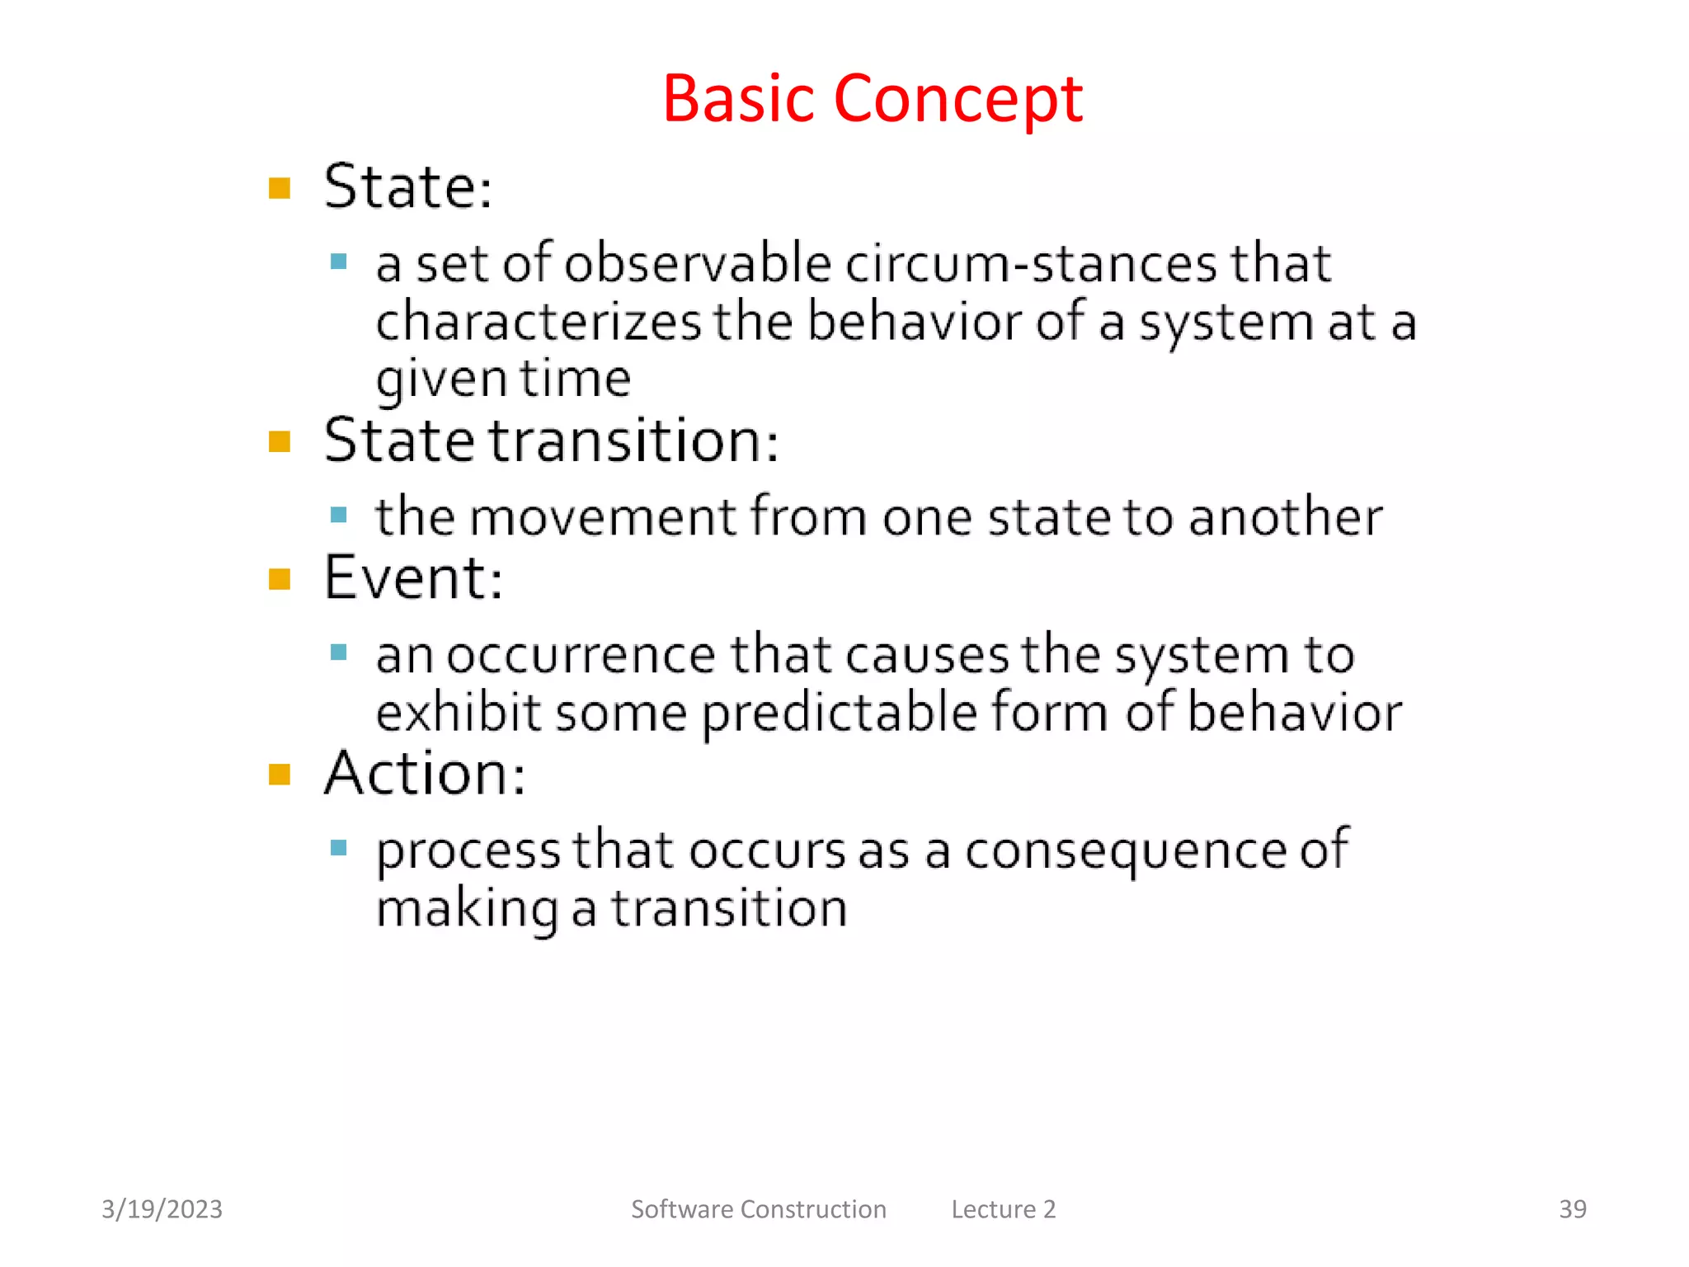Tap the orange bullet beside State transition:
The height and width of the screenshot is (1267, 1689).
[280, 442]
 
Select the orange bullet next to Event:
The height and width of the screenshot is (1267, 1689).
[280, 580]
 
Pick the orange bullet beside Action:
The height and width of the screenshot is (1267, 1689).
[280, 775]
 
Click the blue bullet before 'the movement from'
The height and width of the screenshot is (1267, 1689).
[338, 516]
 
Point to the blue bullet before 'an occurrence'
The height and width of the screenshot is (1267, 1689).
[338, 653]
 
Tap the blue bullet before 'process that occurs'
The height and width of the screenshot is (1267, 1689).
[338, 848]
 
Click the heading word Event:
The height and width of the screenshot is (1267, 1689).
[413, 578]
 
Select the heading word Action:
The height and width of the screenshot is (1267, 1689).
[425, 774]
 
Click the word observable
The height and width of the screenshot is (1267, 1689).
[698, 264]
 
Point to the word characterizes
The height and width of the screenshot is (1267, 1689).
[538, 322]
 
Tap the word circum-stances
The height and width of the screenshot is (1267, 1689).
[1030, 264]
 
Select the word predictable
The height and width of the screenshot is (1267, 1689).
[840, 714]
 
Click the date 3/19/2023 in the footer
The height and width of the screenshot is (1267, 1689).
[162, 1209]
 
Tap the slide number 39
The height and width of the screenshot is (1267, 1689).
[1572, 1209]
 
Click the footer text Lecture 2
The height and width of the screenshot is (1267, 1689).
[1003, 1209]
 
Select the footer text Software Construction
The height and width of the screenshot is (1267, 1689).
[758, 1209]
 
